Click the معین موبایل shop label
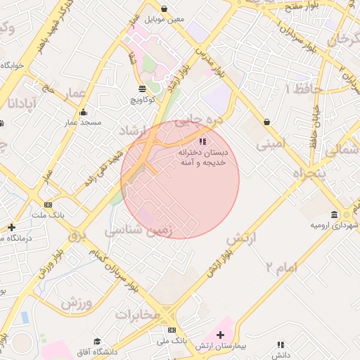click(165, 20)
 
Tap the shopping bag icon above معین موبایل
click(165, 9)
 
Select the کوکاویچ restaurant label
click(143, 101)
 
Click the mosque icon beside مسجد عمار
click(84, 112)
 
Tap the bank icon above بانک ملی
click(172, 330)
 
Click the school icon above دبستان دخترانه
click(203, 141)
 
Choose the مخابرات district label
click(144, 314)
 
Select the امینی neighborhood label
click(271, 146)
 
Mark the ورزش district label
click(77, 304)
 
